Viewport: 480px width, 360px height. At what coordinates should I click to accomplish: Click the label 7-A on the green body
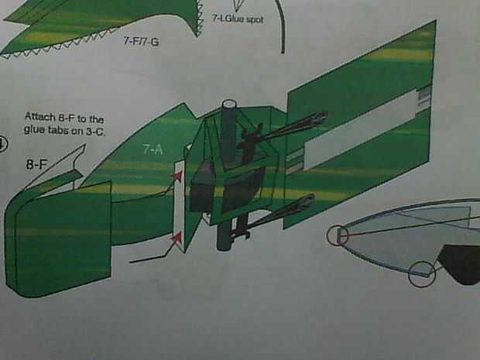(153, 149)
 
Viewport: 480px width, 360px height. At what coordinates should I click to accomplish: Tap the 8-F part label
(37, 165)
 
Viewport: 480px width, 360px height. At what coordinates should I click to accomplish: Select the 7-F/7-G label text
(141, 41)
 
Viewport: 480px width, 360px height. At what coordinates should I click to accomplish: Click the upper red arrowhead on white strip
(178, 176)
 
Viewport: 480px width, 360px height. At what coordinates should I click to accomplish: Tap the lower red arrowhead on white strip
(177, 237)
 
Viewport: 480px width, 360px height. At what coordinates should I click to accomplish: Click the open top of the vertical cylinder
(229, 105)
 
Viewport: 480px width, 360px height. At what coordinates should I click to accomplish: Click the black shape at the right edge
(459, 264)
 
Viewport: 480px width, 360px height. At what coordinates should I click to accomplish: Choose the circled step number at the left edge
(2, 145)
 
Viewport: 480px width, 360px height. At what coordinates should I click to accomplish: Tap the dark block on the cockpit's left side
(202, 186)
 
